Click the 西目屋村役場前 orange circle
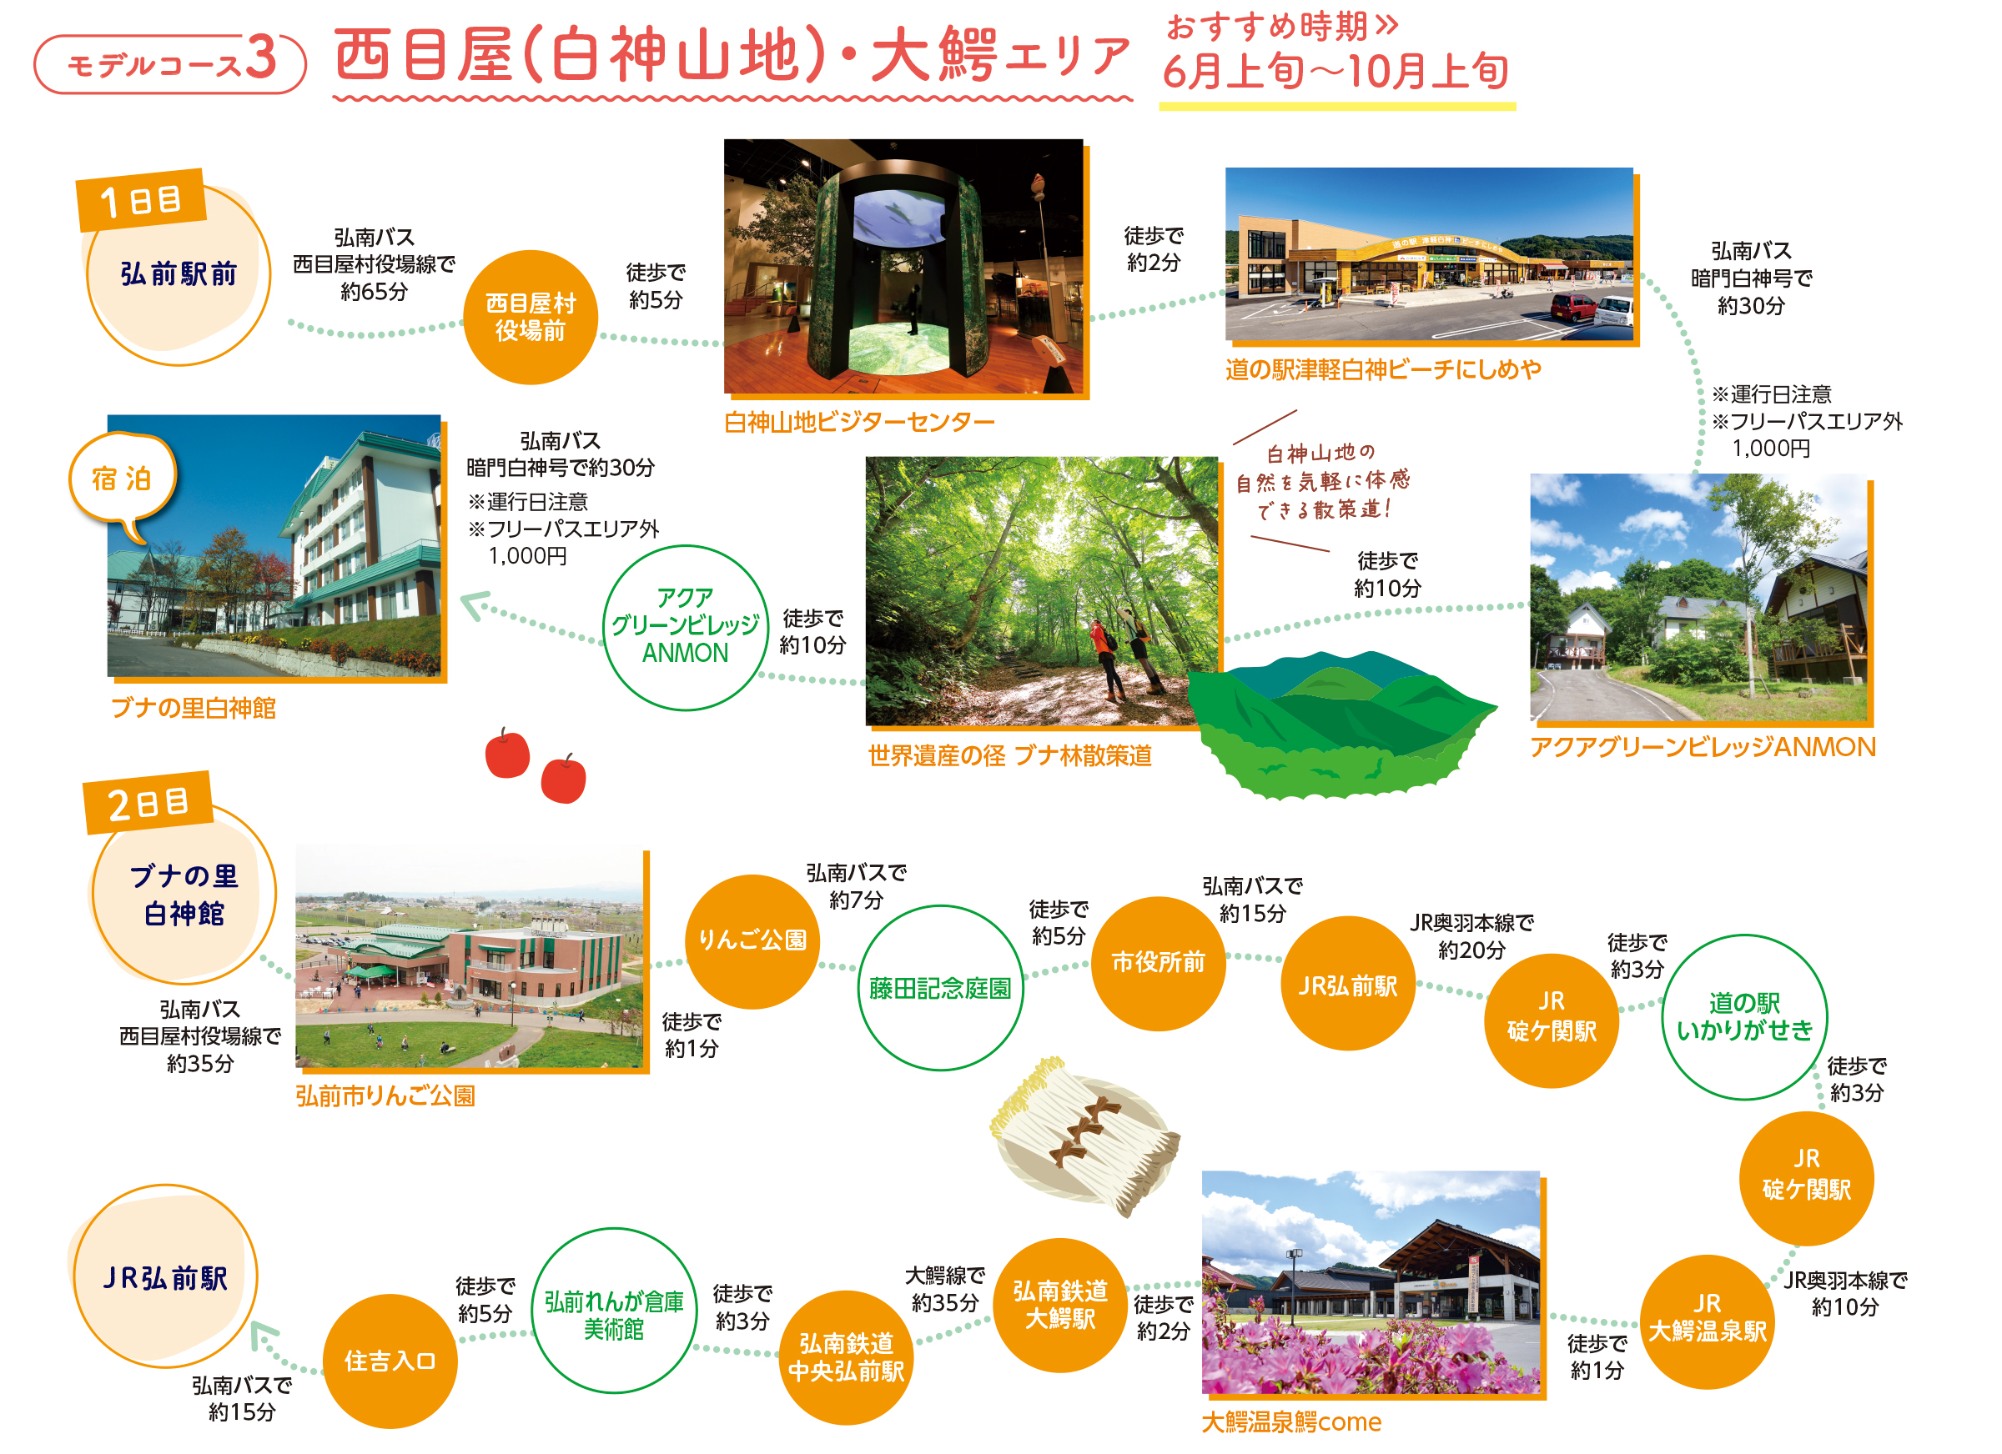pos(531,317)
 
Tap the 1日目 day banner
pos(141,200)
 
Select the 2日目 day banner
pos(148,803)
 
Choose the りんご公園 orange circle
pos(752,941)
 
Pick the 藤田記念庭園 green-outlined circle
pos(940,988)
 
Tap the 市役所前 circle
pos(1158,964)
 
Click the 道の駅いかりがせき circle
pos(1744,1017)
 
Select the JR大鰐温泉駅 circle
pos(1708,1321)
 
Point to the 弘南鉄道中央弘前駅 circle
pos(846,1358)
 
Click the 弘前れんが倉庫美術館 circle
pos(615,1311)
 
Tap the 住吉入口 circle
pos(390,1361)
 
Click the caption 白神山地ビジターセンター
pos(859,423)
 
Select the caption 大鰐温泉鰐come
pos(1291,1422)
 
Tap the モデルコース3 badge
pos(170,63)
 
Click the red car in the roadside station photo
pos(1572,308)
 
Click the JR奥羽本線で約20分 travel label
pos(1471,936)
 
